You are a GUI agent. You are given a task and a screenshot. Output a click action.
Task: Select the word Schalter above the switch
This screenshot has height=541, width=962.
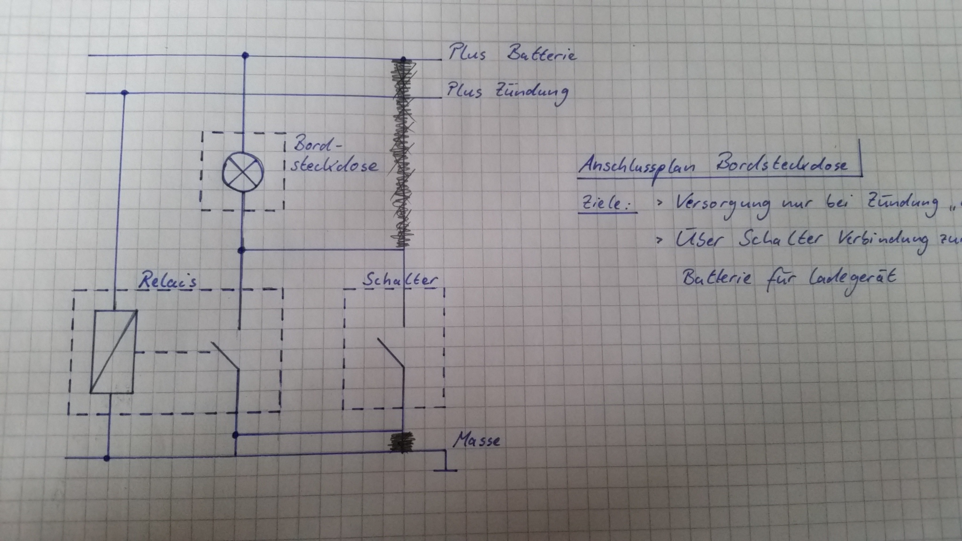click(400, 280)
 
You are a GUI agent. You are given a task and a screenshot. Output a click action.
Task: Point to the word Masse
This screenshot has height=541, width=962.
click(476, 440)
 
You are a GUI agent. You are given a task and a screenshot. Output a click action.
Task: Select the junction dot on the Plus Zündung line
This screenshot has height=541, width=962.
click(124, 93)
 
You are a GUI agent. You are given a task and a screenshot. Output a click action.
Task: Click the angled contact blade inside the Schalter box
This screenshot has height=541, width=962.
click(391, 354)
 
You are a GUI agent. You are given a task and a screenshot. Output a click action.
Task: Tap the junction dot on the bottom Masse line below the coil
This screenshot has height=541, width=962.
click(107, 458)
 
